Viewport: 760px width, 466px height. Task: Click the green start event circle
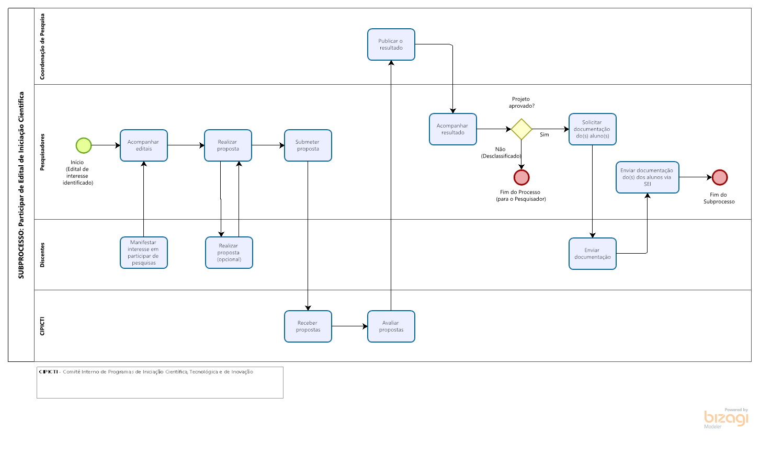click(84, 145)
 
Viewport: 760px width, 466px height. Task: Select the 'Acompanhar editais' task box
click(143, 145)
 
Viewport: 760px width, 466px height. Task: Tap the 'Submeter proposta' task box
click(308, 145)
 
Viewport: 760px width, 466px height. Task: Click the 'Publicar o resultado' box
click(391, 44)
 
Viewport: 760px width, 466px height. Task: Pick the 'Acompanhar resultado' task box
click(452, 129)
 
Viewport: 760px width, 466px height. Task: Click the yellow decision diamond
click(521, 129)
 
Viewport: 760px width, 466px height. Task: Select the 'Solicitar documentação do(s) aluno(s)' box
click(593, 129)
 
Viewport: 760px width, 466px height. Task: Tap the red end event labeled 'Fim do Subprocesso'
click(720, 177)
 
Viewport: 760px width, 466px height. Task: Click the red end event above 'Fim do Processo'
click(521, 177)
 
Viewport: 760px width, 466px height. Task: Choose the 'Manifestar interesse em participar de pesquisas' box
click(143, 253)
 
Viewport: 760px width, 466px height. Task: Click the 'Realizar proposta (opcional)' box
click(229, 253)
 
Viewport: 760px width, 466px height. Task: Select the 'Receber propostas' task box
click(308, 326)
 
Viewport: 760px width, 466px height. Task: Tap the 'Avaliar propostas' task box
click(391, 326)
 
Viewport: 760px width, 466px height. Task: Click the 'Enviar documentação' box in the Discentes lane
click(593, 254)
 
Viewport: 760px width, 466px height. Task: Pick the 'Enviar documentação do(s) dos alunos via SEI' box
click(648, 177)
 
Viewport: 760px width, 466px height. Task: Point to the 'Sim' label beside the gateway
click(544, 134)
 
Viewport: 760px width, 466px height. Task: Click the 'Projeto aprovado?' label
click(521, 103)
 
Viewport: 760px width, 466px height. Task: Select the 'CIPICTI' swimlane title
click(42, 326)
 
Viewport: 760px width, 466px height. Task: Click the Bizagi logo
click(725, 418)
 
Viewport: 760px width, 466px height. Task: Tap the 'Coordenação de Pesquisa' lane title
click(42, 47)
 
